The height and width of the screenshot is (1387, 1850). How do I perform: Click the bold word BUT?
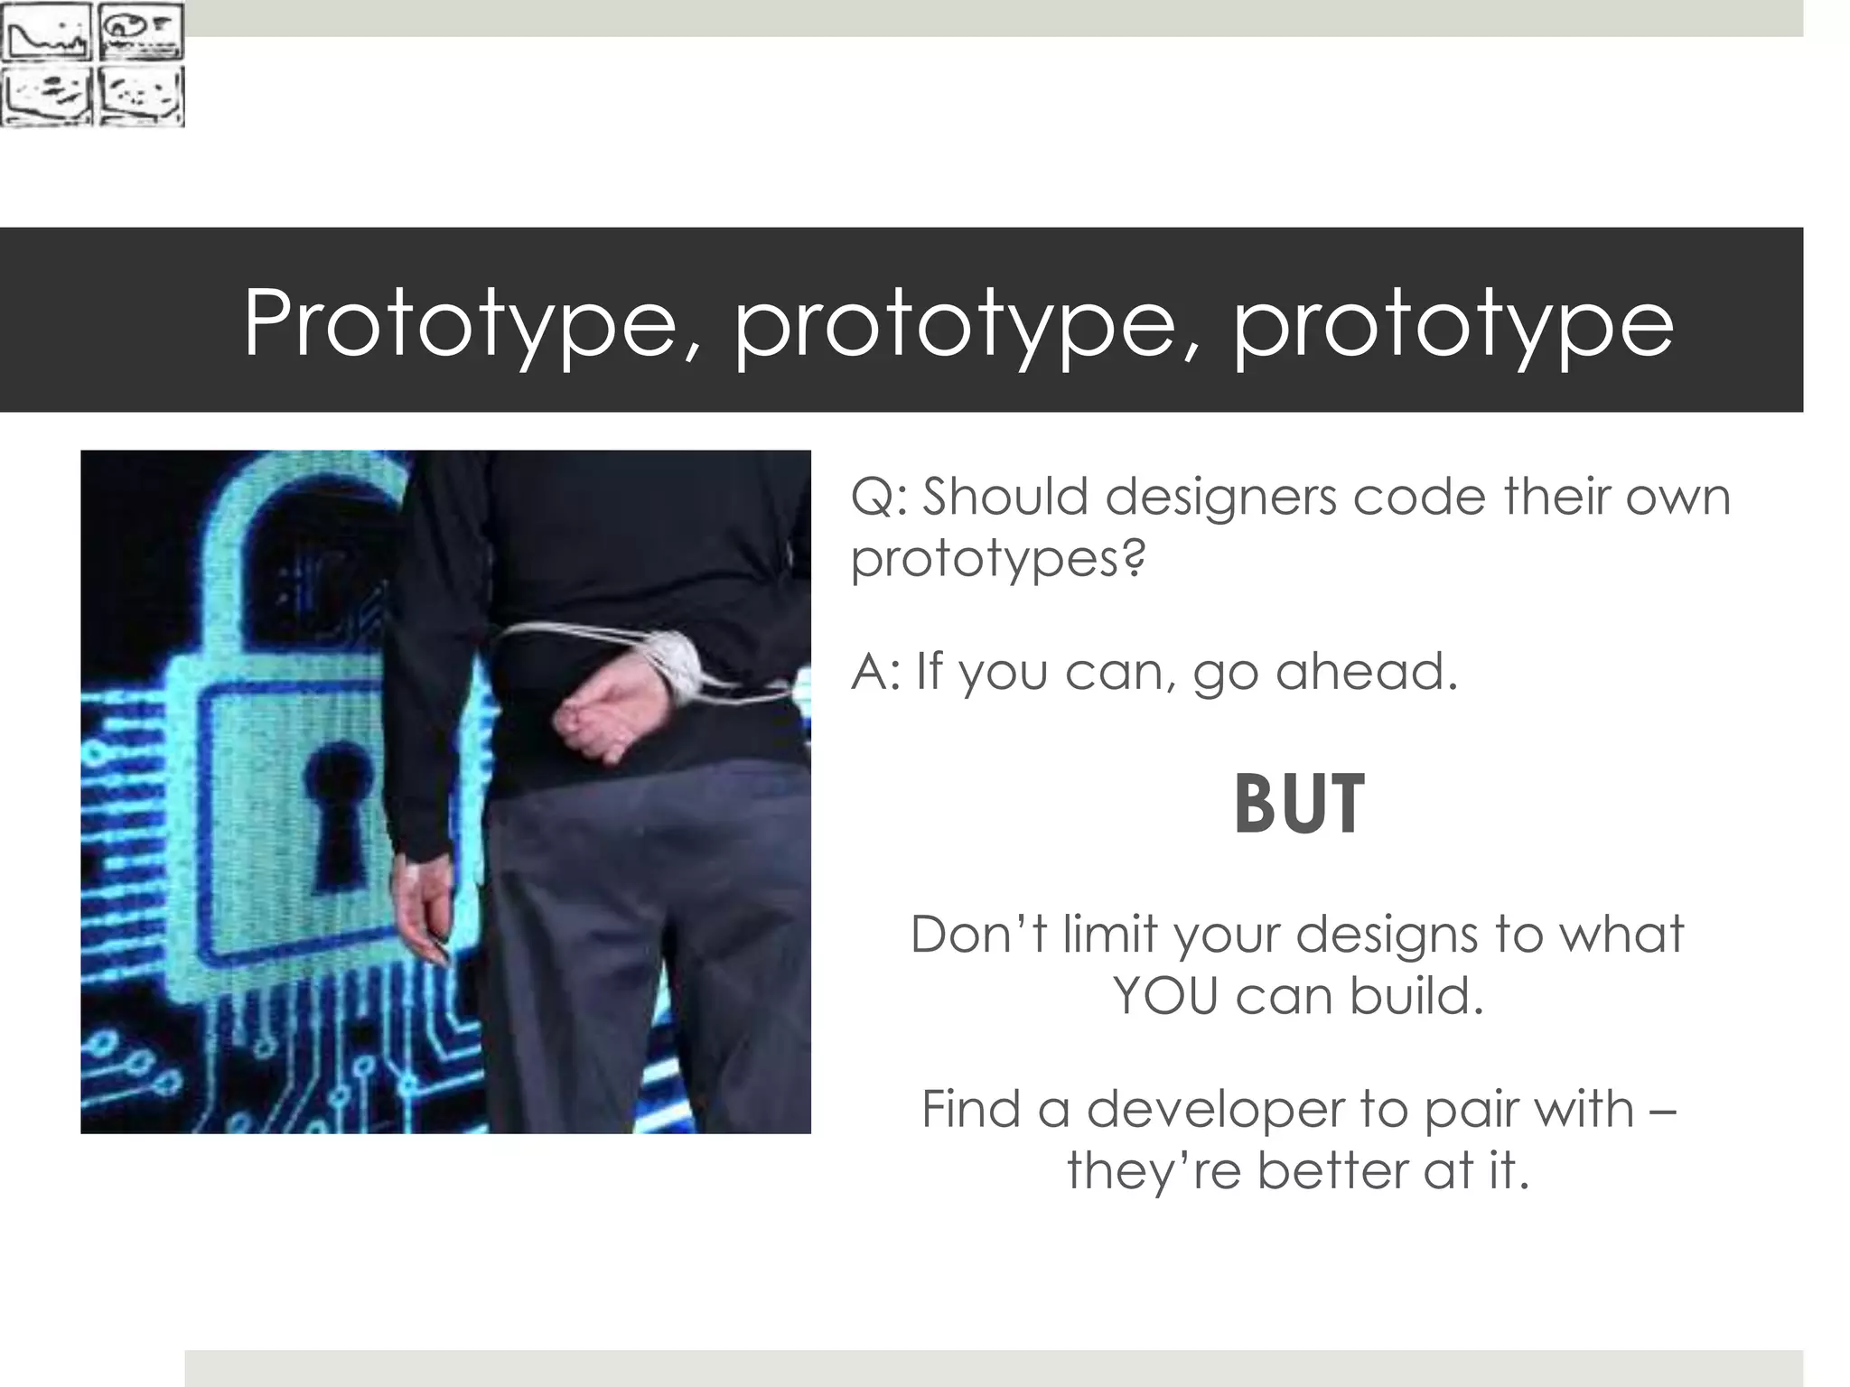[x=1298, y=805]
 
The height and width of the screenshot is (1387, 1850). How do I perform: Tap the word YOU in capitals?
[x=1165, y=996]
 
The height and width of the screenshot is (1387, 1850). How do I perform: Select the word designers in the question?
[x=1220, y=497]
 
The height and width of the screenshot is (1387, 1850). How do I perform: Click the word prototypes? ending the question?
[x=998, y=558]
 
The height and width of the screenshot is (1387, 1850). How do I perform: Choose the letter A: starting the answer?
[x=876, y=671]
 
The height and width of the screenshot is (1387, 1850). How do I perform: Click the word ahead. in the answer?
[x=1367, y=671]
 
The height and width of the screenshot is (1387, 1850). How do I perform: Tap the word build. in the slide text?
[x=1417, y=996]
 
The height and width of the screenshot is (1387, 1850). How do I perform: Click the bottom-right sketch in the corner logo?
[x=140, y=95]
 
